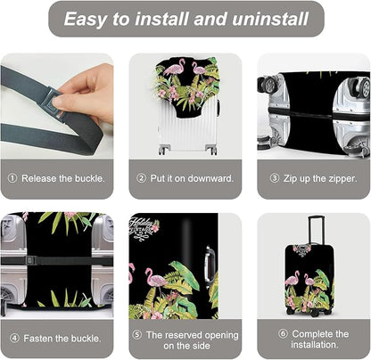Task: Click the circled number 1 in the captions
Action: coord(12,177)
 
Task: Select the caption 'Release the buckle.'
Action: coord(62,177)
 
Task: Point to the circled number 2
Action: coord(140,177)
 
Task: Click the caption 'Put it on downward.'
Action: coord(191,177)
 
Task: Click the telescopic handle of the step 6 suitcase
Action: coord(313,230)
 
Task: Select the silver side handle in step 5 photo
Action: coord(209,264)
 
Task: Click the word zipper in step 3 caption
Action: coord(340,177)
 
